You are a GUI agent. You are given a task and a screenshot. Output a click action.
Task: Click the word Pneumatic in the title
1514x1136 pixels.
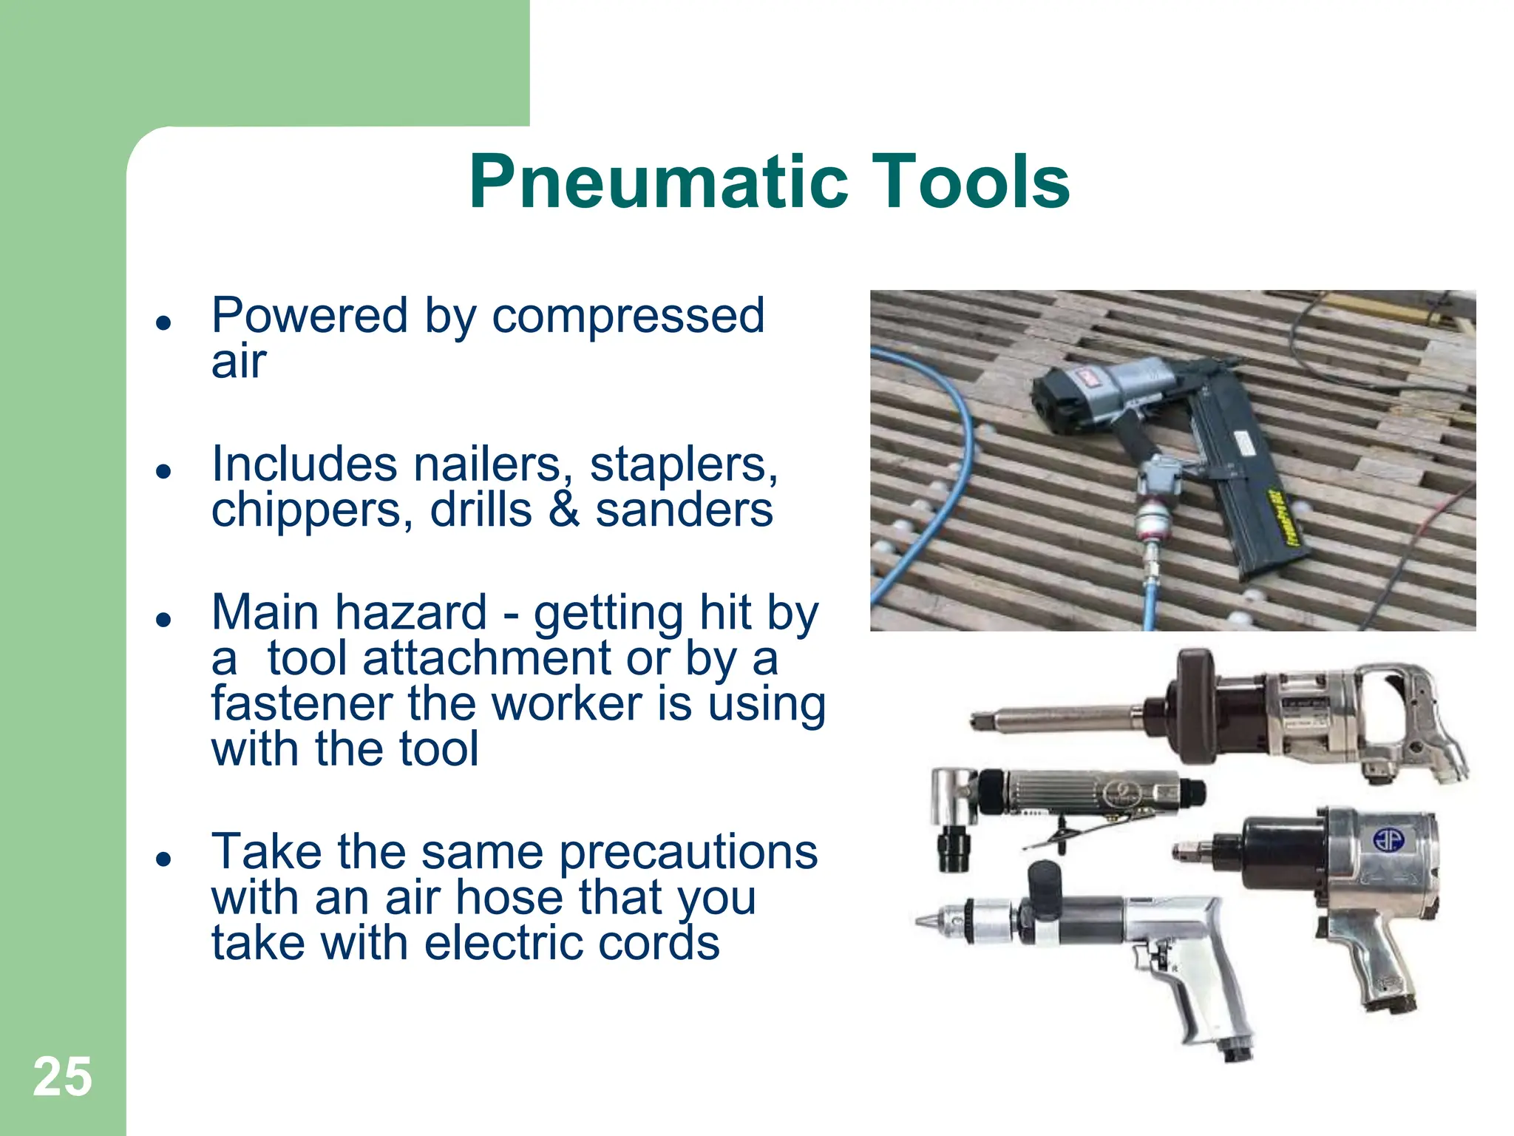[x=658, y=183]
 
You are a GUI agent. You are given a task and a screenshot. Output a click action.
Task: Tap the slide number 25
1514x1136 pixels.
[x=62, y=1077]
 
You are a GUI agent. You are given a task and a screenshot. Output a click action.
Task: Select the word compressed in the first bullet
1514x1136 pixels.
[x=628, y=317]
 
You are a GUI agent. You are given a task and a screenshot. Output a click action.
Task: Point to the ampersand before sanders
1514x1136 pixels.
[x=563, y=510]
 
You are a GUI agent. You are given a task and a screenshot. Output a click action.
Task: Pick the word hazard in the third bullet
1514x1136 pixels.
[x=411, y=613]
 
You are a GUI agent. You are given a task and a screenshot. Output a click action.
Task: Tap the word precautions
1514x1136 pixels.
[x=688, y=852]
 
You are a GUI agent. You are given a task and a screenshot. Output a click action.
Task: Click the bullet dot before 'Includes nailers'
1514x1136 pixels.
[x=163, y=471]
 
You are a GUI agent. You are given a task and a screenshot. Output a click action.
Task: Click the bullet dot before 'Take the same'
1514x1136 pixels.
[x=163, y=859]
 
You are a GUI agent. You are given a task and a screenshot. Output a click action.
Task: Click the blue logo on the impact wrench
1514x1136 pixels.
[x=1388, y=839]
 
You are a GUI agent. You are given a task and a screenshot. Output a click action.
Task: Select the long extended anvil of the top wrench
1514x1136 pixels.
[x=1057, y=718]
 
